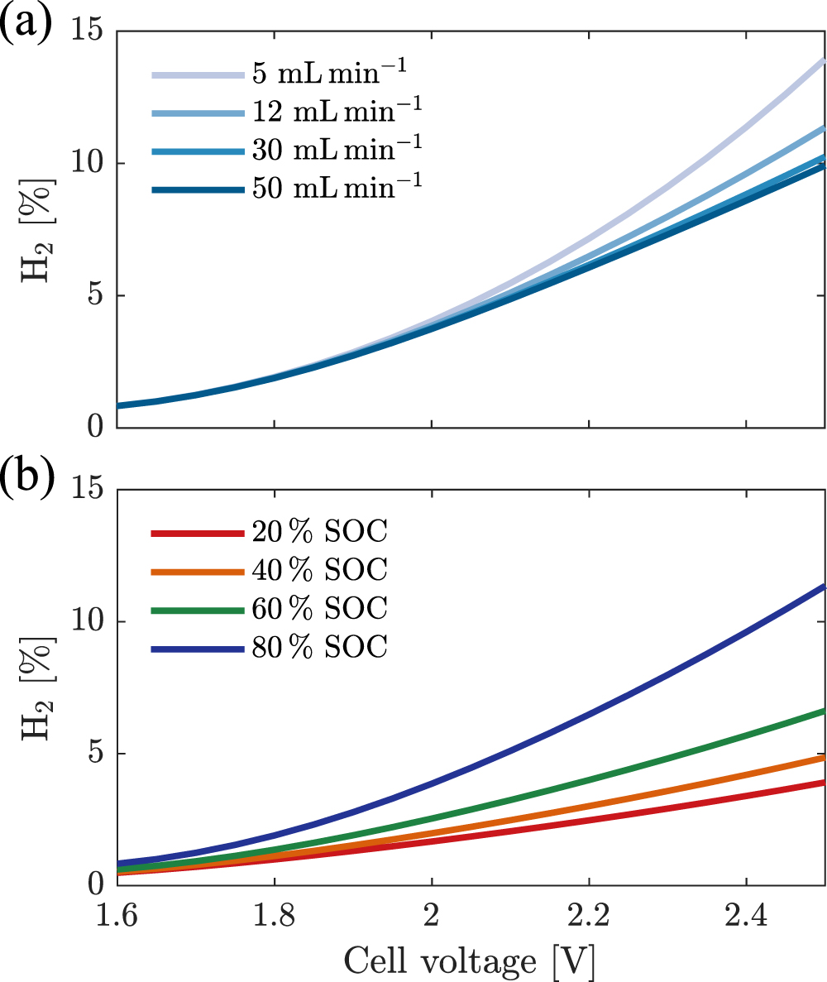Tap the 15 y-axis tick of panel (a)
point(91,31)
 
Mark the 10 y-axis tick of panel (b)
point(91,621)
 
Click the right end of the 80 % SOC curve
point(823,586)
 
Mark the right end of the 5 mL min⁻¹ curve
point(823,61)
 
